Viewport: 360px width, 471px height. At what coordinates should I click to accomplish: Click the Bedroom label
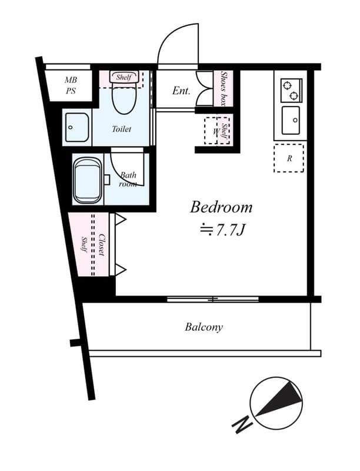click(221, 207)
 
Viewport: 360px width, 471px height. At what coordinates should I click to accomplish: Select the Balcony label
click(204, 327)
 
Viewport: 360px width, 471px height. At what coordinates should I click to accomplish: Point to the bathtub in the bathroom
click(87, 181)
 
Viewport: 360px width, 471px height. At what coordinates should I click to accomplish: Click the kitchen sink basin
click(291, 120)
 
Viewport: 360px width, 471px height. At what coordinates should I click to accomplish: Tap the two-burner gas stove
click(291, 90)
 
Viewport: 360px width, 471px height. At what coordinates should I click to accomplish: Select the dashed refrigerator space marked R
click(289, 158)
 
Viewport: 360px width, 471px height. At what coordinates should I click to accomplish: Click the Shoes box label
click(223, 88)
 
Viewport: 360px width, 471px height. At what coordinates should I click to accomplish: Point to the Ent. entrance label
click(181, 91)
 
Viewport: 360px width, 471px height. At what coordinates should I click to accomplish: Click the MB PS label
click(71, 85)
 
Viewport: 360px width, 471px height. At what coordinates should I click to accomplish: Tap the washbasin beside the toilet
click(77, 127)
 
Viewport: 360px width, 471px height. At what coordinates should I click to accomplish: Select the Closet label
click(102, 245)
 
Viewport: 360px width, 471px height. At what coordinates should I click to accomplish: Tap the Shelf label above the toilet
click(124, 77)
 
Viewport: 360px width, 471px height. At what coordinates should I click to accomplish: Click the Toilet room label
click(122, 129)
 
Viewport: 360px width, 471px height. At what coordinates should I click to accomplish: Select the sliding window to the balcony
click(213, 299)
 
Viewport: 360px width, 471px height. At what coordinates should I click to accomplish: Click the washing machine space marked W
click(215, 131)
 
